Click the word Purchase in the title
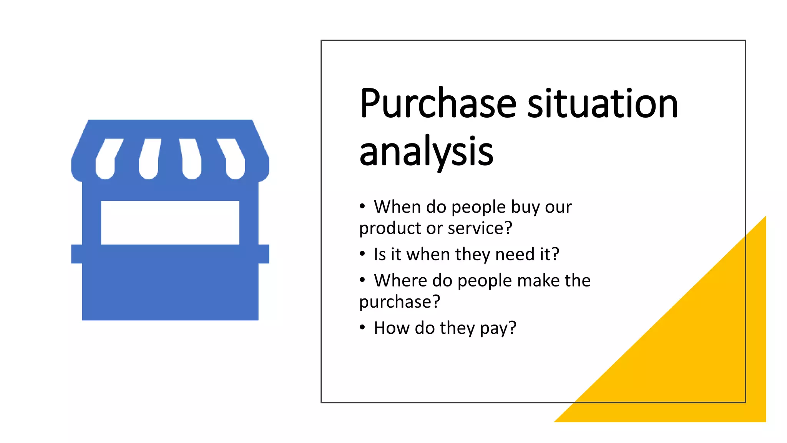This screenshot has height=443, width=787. point(438,104)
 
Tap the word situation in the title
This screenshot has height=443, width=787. point(603,104)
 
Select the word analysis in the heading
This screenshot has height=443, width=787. point(426,152)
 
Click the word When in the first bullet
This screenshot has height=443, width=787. point(397,207)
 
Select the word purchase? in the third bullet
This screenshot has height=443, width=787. point(400,302)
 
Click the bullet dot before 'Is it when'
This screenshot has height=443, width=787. point(362,254)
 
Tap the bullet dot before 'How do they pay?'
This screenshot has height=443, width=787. point(362,327)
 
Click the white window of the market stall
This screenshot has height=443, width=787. point(170,222)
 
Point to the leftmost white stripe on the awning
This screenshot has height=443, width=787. point(106,160)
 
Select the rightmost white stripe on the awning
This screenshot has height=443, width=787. point(234,160)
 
